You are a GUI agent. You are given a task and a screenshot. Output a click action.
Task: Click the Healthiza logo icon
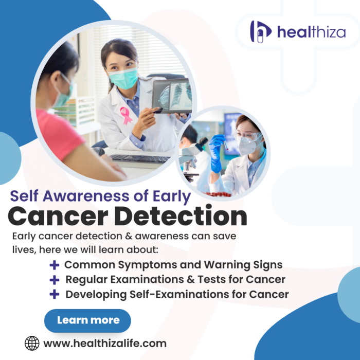coord(260,31)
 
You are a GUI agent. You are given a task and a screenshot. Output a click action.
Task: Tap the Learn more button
coord(88,320)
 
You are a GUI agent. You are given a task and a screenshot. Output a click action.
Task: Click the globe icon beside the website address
coord(32,343)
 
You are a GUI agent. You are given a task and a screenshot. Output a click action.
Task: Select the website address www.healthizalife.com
coord(105,343)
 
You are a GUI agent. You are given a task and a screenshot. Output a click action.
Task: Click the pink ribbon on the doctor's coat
coord(125,115)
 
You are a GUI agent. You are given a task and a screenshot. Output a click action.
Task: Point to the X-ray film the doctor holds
coord(172,96)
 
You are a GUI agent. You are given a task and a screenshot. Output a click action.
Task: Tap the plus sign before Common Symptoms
coord(54,265)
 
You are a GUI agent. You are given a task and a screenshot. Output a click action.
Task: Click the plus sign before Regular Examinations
coord(54,280)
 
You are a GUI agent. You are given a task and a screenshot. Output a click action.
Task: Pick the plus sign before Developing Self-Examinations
coord(54,295)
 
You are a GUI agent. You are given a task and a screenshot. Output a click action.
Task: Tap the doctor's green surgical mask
coord(123,78)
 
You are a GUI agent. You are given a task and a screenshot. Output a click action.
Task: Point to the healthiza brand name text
coord(311,32)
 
